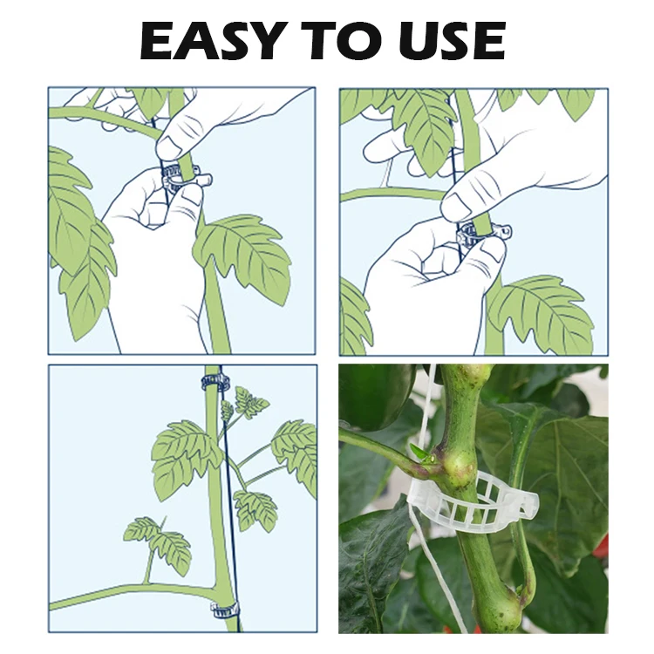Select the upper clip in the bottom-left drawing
[x=215, y=381]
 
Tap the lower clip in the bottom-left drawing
[x=224, y=609]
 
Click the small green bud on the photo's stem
[x=421, y=453]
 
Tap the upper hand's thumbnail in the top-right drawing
[x=455, y=208]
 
